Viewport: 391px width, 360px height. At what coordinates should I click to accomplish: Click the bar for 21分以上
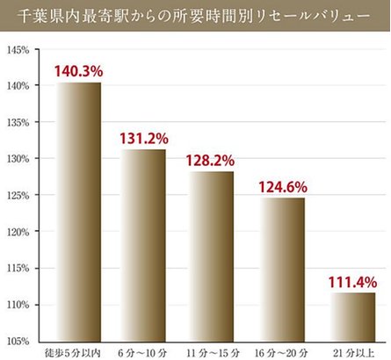tap(351, 316)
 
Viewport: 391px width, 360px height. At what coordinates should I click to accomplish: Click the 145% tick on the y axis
tap(18, 49)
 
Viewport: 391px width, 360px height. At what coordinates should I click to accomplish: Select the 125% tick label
tap(18, 195)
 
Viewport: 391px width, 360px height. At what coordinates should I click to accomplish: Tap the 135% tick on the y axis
tap(18, 122)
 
